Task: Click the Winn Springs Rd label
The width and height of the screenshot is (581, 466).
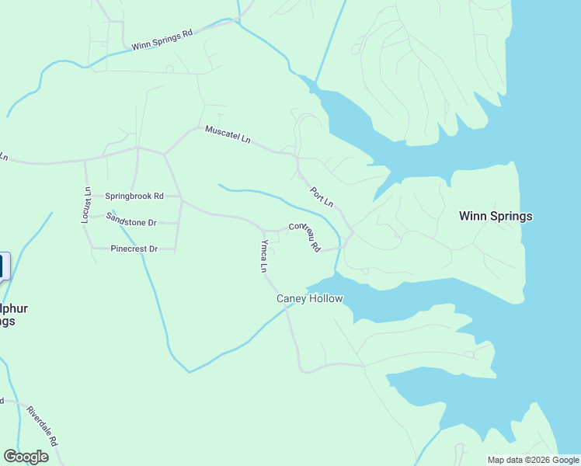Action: pos(162,40)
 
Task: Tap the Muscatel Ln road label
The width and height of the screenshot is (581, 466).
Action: pos(228,134)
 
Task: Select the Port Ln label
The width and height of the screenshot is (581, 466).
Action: pos(322,196)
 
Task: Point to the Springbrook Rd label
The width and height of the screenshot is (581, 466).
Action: pos(134,196)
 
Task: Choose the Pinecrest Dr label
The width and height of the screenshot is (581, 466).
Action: pos(134,249)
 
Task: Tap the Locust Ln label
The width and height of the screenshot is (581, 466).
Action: pos(87,205)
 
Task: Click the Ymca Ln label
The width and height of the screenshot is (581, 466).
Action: pos(264,256)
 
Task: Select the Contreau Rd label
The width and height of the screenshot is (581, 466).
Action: pos(304,236)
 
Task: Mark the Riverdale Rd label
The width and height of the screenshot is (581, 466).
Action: pos(43,425)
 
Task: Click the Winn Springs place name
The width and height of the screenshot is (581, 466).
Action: pos(496,216)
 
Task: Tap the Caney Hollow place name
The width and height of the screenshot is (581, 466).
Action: pos(309,298)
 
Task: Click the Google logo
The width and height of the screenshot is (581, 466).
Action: pos(26,457)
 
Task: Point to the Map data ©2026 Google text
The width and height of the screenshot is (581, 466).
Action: pos(532,460)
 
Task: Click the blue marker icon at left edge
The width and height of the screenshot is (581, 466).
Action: pos(2,266)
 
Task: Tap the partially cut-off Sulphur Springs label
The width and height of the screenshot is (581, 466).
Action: pos(13,315)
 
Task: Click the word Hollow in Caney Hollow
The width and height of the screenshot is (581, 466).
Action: pos(325,298)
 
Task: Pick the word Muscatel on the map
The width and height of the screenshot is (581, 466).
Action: pos(221,132)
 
